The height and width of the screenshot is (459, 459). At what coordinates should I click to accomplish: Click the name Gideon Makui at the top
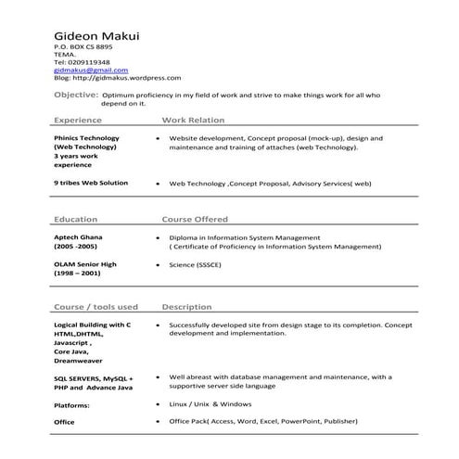click(96, 36)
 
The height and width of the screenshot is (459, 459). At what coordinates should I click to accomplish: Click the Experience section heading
click(78, 121)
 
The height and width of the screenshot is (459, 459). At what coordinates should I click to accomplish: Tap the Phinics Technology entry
click(86, 137)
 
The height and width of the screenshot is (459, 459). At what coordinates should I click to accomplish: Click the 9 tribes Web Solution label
click(91, 183)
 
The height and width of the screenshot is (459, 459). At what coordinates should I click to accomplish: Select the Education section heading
click(76, 220)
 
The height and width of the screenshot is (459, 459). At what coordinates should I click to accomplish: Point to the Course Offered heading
click(195, 220)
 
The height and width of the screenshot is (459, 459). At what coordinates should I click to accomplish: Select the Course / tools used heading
click(96, 306)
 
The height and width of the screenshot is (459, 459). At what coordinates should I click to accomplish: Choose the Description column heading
click(186, 306)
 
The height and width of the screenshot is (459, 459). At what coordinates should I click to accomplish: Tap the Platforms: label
click(71, 405)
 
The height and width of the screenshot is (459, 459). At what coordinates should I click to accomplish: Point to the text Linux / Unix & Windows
click(210, 404)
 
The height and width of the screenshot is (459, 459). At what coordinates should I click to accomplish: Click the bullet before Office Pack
click(159, 422)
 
